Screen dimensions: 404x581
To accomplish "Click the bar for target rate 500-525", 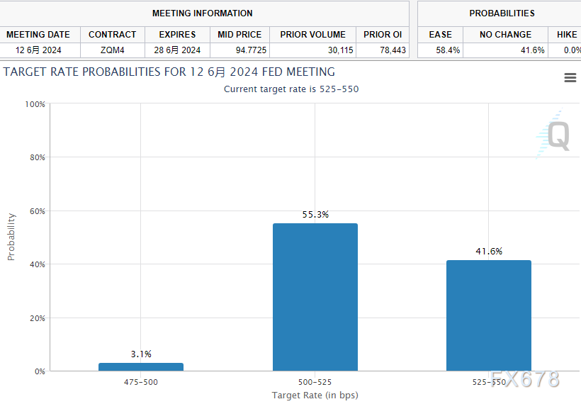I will pyautogui.click(x=315, y=297).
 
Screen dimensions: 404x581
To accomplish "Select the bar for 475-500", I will pyautogui.click(x=141, y=366).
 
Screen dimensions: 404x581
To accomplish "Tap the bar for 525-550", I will pyautogui.click(x=489, y=315).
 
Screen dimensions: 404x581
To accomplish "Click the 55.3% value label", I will pyautogui.click(x=315, y=214).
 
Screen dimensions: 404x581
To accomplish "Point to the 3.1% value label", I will pyautogui.click(x=141, y=354).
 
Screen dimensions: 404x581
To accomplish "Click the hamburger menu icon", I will pyautogui.click(x=570, y=78).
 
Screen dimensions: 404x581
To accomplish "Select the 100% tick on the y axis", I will pyautogui.click(x=35, y=104).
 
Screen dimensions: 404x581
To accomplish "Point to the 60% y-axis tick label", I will pyautogui.click(x=36, y=211).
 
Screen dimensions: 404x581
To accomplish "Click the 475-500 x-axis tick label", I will pyautogui.click(x=141, y=382).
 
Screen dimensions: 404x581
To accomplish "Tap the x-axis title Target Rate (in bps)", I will pyautogui.click(x=315, y=395).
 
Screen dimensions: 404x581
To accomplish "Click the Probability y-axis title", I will pyautogui.click(x=11, y=237).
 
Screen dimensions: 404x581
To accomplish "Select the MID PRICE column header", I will pyautogui.click(x=239, y=34).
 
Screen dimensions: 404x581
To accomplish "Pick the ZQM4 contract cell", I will pyautogui.click(x=112, y=50).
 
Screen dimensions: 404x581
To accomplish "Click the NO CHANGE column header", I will pyautogui.click(x=505, y=34).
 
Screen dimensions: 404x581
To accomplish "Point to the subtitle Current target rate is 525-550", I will pyautogui.click(x=296, y=89).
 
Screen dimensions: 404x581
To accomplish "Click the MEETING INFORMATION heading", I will pyautogui.click(x=202, y=13).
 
